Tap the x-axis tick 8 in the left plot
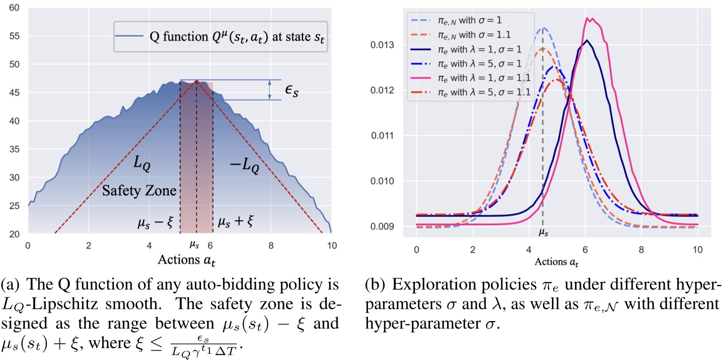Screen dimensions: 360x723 tap(271, 245)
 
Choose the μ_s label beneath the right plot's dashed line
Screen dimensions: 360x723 tap(542, 232)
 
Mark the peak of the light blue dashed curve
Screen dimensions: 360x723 tap(543, 27)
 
